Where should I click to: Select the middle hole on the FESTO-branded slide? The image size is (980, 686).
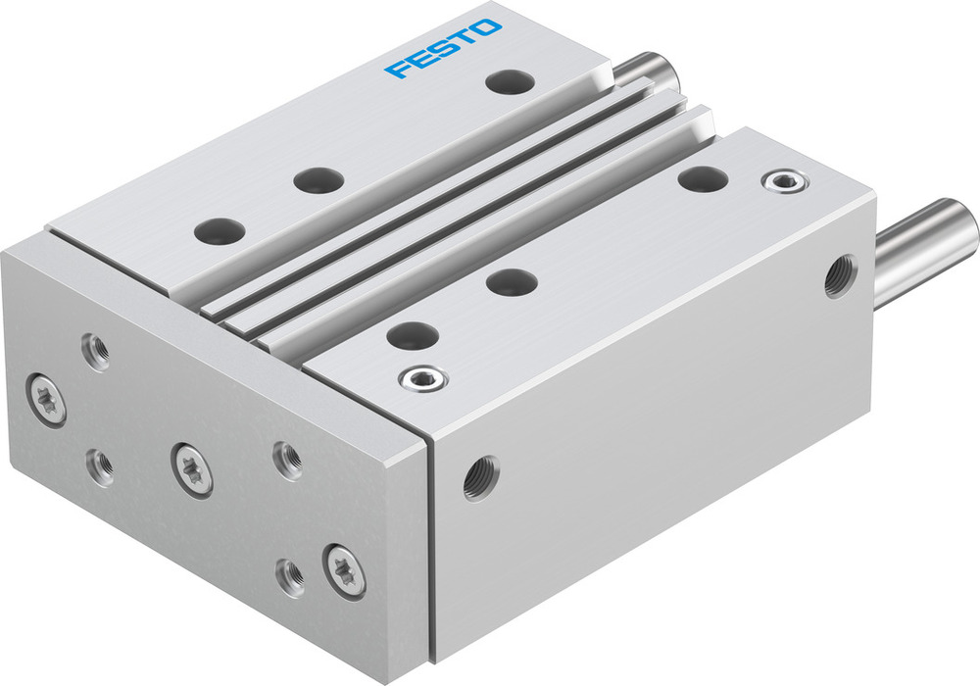tap(318, 180)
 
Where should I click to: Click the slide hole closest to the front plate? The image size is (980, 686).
tap(219, 231)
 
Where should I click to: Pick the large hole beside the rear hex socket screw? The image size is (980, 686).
tap(702, 178)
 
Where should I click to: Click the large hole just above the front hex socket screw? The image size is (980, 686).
tap(412, 335)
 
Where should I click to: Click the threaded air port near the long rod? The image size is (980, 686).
tap(840, 275)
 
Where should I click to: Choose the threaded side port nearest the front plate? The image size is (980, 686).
tap(480, 477)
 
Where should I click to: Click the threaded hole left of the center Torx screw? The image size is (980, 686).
tap(100, 464)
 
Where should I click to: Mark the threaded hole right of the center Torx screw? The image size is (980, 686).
tap(287, 460)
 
